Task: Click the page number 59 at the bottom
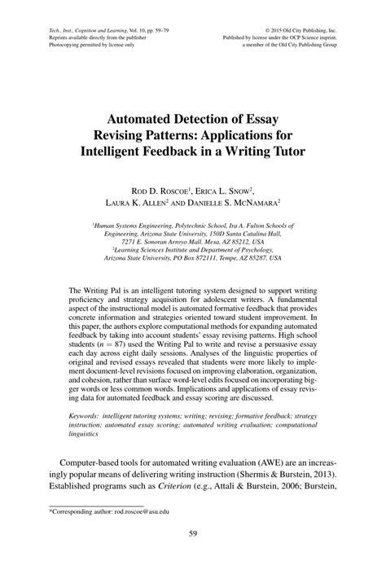coord(193,534)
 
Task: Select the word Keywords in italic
coord(90,415)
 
